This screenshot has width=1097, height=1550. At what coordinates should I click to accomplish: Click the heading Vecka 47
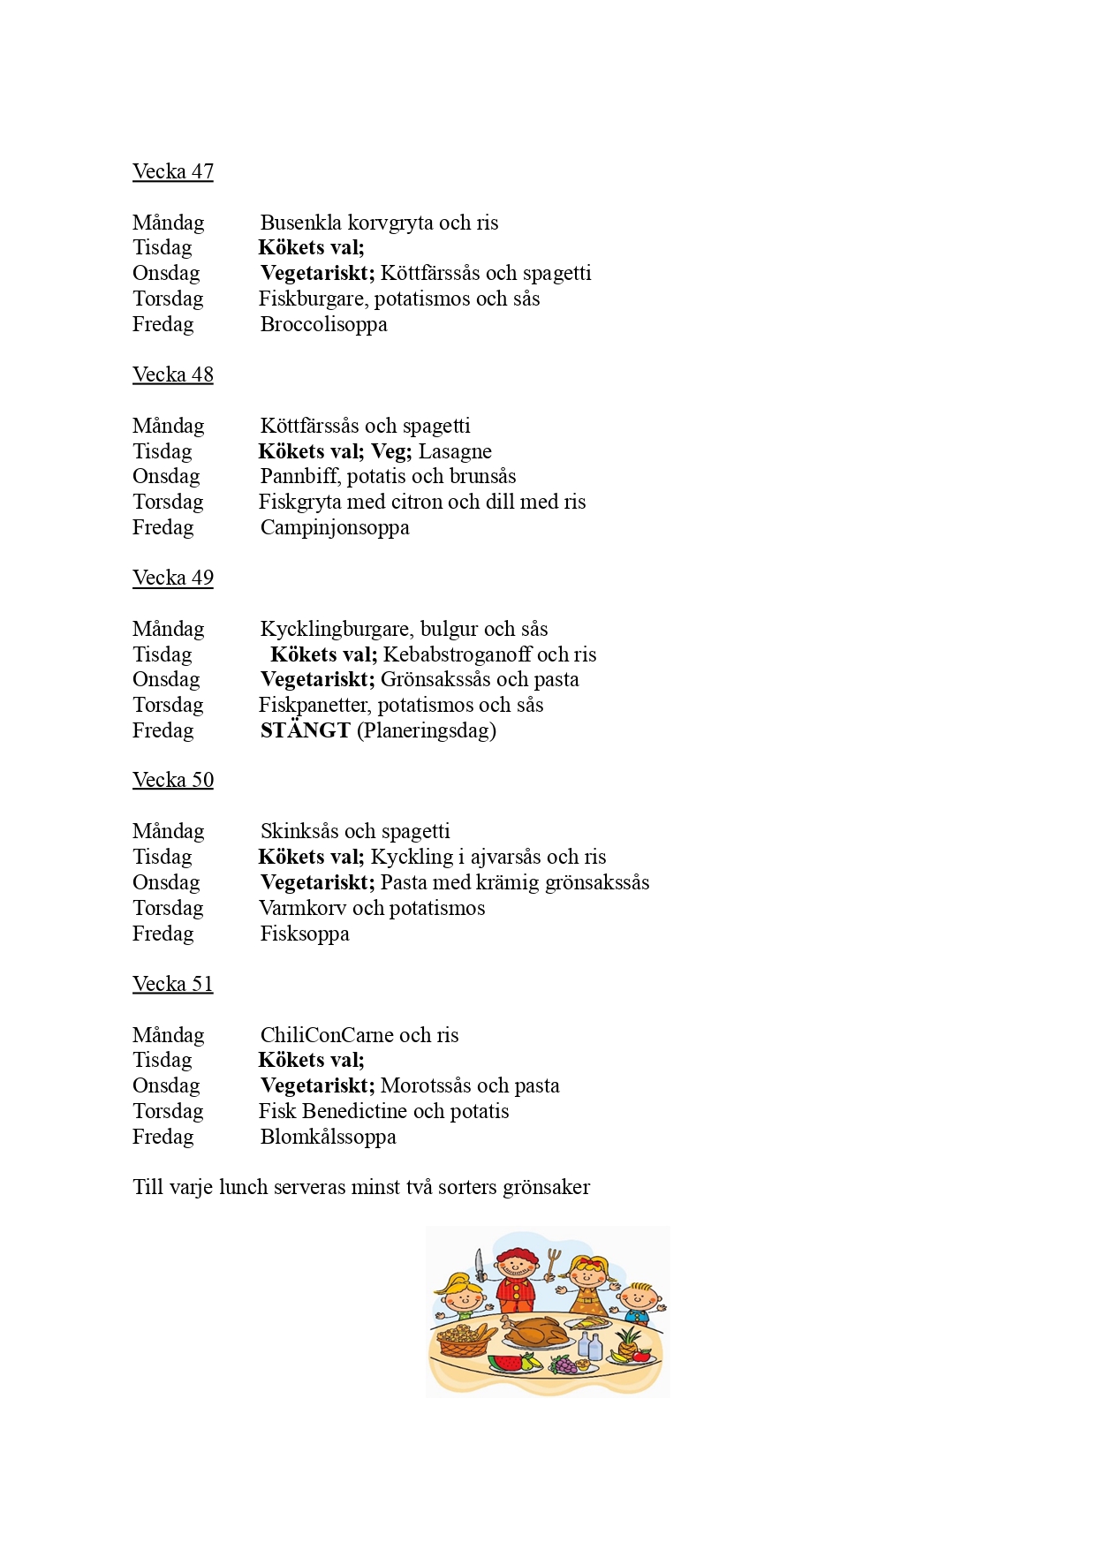pos(172,171)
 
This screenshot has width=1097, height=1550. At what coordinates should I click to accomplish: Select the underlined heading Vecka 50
pos(172,780)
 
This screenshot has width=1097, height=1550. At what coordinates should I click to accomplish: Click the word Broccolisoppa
pos(323,324)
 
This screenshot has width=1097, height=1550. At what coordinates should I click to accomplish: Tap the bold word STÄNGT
pos(305,730)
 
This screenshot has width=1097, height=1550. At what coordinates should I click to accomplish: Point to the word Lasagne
pos(455,451)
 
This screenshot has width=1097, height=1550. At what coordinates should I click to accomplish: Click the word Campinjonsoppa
pos(335,527)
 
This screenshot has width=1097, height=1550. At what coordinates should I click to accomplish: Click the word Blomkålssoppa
pos(328,1137)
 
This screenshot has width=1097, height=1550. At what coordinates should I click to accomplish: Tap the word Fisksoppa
pos(305,934)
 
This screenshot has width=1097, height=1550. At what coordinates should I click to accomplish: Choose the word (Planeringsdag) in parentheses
pos(427,730)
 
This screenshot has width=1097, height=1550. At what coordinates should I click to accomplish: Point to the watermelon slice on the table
pos(506,1363)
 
